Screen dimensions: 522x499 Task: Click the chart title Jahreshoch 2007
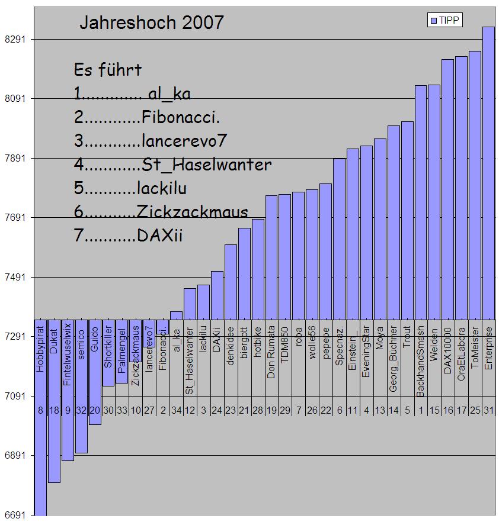[152, 22]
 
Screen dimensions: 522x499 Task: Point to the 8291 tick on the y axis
[15, 40]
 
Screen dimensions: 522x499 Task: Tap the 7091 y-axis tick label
[15, 396]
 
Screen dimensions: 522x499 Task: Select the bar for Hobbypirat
[40, 426]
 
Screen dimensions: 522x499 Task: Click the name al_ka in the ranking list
[169, 94]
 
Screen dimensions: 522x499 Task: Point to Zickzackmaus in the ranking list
[191, 212]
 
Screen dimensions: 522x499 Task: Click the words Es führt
[108, 70]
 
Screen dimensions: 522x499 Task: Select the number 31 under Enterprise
[488, 410]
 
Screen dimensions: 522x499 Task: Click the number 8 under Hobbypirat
[40, 410]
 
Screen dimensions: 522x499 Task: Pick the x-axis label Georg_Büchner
[394, 360]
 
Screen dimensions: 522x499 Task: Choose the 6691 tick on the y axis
[15, 515]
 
